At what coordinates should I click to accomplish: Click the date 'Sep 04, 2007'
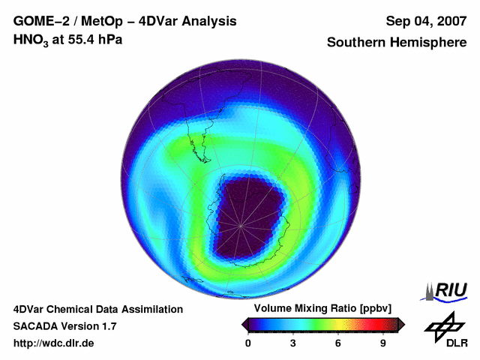click(424, 21)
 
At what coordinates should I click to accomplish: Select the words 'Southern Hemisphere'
click(397, 43)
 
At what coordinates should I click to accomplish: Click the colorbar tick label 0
click(248, 343)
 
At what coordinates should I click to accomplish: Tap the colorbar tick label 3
click(293, 343)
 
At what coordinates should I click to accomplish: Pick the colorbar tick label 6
click(338, 343)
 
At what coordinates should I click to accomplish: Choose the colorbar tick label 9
click(382, 343)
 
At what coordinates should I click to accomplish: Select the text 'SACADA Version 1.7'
click(64, 326)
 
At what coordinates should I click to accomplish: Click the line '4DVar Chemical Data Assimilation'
click(97, 309)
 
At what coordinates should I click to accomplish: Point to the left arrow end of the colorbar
click(244, 324)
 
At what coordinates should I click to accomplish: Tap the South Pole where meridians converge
click(241, 225)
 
